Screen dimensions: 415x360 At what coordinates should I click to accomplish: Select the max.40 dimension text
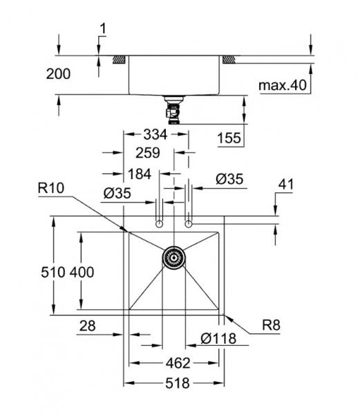tap(281, 85)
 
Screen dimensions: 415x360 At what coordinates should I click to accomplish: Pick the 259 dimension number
tap(147, 152)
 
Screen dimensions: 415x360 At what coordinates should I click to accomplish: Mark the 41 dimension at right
tap(287, 185)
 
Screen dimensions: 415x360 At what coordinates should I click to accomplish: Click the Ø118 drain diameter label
tap(218, 339)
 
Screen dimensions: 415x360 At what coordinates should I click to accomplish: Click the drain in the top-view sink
tap(174, 258)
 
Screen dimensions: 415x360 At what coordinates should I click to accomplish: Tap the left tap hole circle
tap(160, 224)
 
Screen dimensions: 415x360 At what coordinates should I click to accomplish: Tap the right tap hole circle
tap(189, 224)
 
